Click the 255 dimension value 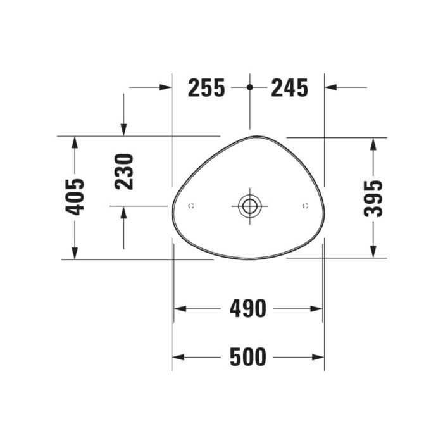point(206,87)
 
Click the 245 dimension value point(289,87)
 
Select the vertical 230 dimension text point(125,171)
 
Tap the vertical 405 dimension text point(75,197)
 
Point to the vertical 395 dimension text point(374,197)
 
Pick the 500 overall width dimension point(247,357)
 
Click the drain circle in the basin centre point(249,205)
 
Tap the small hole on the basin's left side point(192,206)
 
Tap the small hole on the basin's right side point(306,206)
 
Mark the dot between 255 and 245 point(250,87)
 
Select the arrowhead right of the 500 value point(318,357)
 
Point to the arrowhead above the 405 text point(75,142)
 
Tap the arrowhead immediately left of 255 point(166,87)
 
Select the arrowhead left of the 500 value point(178,357)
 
